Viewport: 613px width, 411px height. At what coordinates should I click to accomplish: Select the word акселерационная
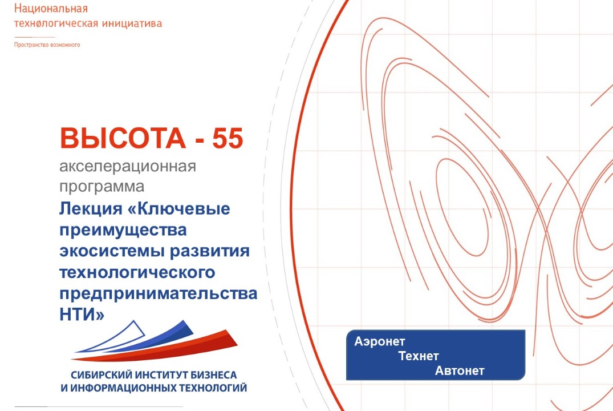(128, 167)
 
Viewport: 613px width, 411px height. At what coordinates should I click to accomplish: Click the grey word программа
(102, 186)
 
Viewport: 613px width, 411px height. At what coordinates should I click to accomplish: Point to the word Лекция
(90, 209)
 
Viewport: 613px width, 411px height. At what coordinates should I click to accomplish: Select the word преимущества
(123, 231)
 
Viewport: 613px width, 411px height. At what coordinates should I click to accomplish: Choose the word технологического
(137, 273)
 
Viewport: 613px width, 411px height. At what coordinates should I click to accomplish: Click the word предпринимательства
(158, 294)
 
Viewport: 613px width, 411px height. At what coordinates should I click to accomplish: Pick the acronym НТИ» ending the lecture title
(82, 315)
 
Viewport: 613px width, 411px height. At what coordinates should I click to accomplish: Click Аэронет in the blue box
(379, 342)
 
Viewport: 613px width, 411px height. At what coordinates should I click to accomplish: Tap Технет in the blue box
(419, 356)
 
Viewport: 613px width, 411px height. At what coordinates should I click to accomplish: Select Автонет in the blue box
(460, 371)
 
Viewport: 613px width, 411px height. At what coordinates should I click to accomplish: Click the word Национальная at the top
(51, 9)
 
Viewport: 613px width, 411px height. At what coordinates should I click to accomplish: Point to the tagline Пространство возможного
(47, 45)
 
